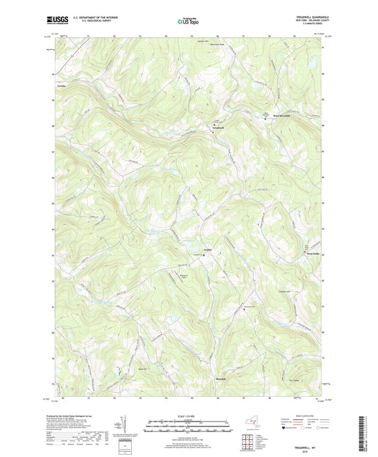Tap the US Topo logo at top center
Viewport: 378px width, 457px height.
[188, 21]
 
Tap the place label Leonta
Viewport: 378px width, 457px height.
[50, 88]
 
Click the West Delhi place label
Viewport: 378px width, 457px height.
[313, 250]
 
